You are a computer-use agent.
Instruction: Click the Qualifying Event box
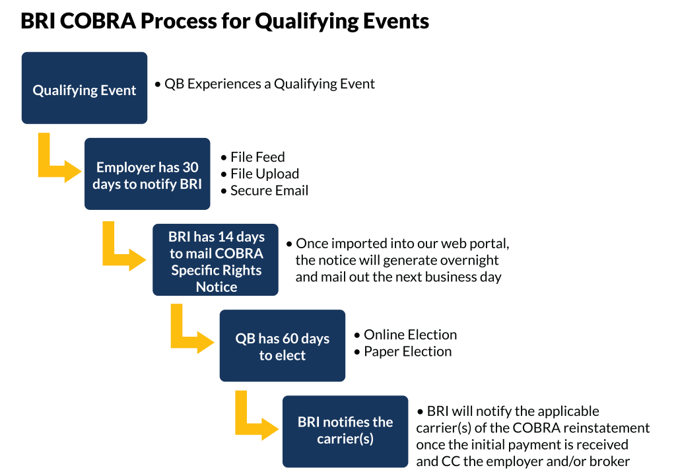84,88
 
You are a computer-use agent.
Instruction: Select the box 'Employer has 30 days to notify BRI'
147,174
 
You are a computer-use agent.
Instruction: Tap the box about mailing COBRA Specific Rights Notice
216,260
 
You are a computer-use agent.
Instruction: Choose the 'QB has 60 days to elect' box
282,345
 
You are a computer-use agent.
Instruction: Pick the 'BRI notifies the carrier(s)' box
345,430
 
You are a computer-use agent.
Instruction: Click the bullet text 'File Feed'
257,157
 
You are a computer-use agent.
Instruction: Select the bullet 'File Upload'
265,174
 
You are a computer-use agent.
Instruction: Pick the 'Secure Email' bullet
269,191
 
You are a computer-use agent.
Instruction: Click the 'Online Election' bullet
410,335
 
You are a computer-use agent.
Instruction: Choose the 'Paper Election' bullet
408,352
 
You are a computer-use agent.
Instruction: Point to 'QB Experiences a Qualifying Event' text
269,84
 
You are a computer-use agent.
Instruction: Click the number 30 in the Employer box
190,167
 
